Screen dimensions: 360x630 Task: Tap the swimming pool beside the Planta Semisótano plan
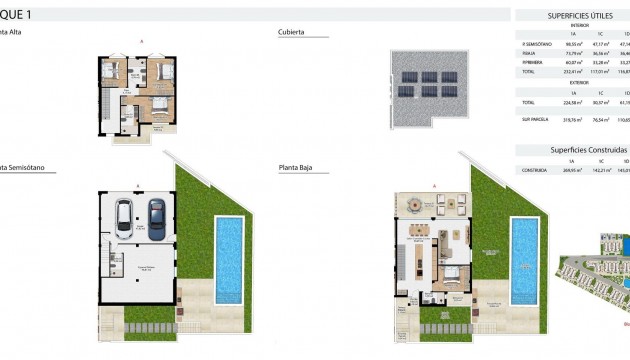[230, 259]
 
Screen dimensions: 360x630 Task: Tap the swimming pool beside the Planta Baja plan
[524, 259]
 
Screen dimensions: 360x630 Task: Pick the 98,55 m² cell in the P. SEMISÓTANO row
[573, 45]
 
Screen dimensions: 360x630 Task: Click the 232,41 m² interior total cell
[573, 72]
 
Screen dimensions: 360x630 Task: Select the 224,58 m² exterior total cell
[573, 103]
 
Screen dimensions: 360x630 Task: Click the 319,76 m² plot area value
[573, 119]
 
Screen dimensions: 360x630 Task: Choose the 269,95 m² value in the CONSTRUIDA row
[573, 169]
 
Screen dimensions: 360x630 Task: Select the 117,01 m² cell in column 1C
[599, 72]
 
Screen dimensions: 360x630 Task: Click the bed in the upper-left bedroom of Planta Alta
[111, 70]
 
